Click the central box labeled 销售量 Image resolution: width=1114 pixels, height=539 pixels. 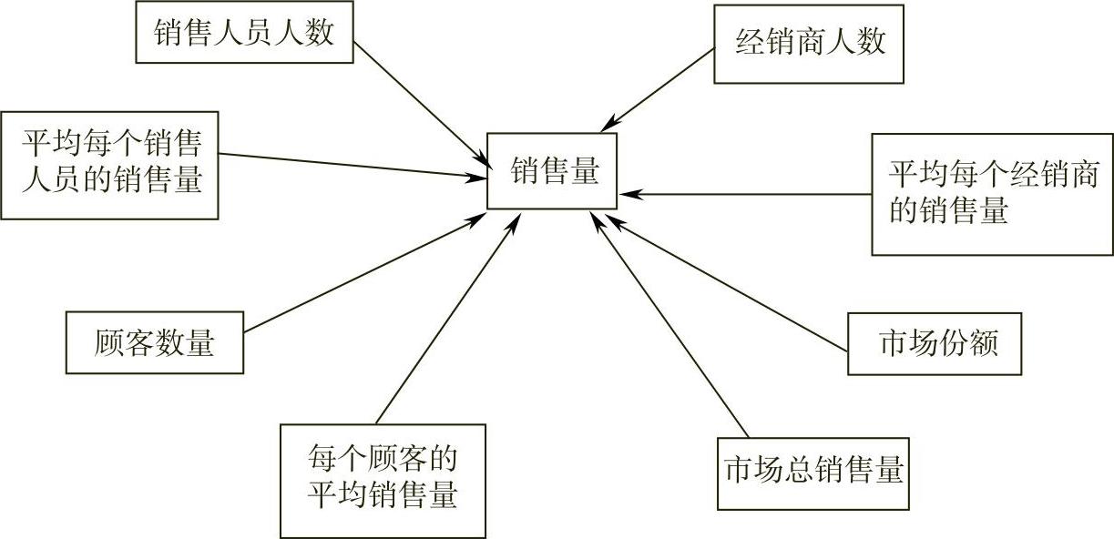tap(552, 171)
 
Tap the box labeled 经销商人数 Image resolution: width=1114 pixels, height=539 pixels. tap(808, 44)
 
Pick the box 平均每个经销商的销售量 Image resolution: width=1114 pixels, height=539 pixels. tap(992, 194)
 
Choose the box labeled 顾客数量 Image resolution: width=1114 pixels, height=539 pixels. tap(155, 343)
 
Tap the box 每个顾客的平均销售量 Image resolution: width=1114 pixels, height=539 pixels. tap(383, 480)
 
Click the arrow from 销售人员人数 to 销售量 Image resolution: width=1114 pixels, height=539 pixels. tap(419, 99)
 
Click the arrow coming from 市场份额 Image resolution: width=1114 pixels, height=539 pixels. tap(729, 282)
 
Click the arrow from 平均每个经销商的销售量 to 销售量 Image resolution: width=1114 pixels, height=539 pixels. tap(747, 194)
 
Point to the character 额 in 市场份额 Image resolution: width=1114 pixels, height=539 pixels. tap(984, 343)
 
